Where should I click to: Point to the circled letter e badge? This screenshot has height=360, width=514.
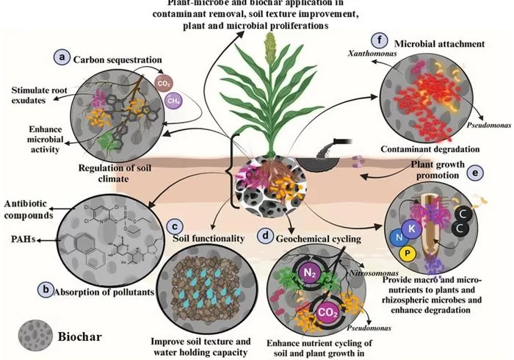(477, 174)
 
